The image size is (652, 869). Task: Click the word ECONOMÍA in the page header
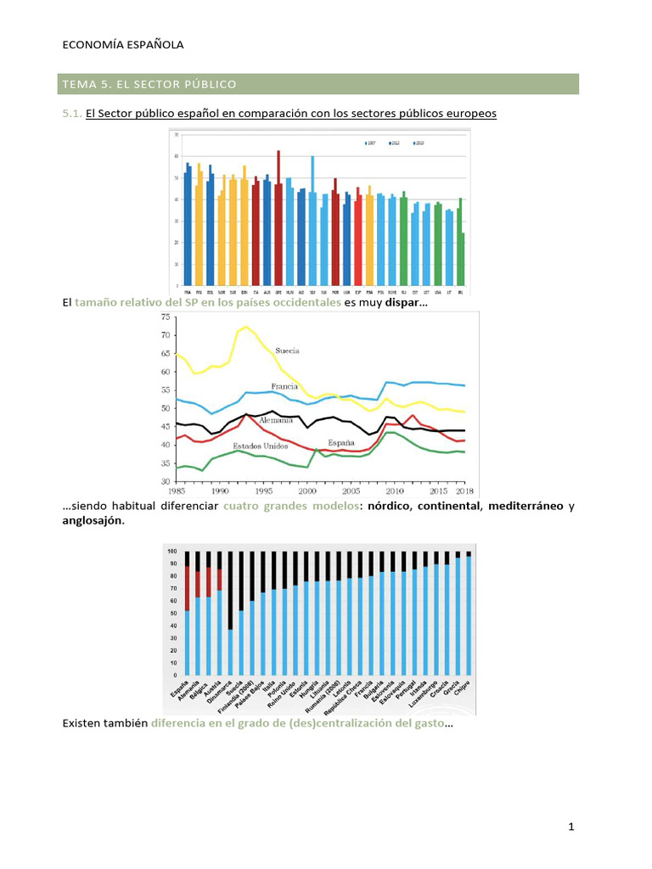[x=93, y=45]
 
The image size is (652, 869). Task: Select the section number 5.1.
[x=72, y=113]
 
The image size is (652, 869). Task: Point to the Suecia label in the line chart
[x=287, y=350]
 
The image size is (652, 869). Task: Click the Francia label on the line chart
[x=284, y=386]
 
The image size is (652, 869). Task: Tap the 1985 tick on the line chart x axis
[x=177, y=491]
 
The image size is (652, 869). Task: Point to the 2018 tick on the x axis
[x=464, y=491]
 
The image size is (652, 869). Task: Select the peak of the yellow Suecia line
[x=246, y=327]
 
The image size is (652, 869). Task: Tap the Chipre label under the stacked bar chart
[x=464, y=688]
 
